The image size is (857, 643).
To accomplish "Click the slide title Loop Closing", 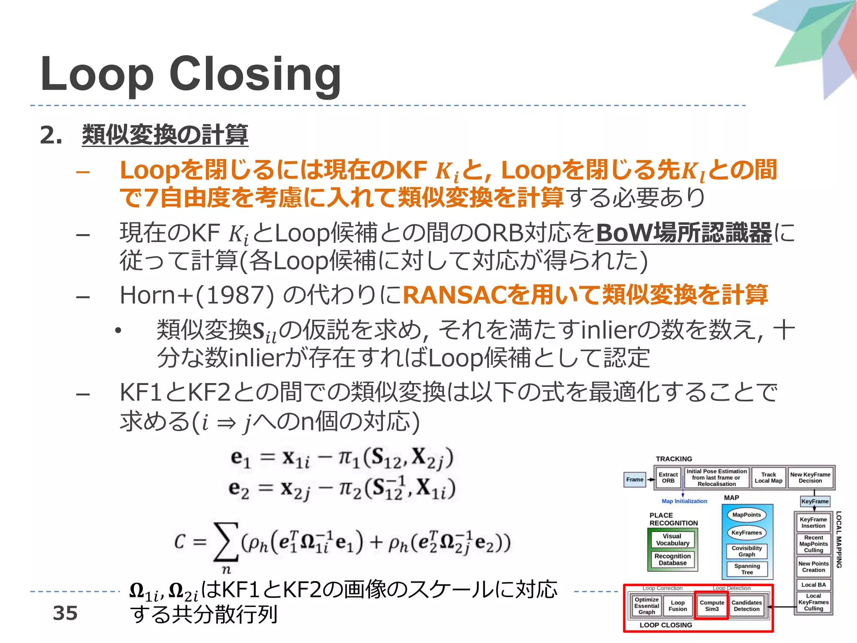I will click(x=191, y=75).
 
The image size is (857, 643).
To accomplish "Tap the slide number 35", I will click(x=65, y=613).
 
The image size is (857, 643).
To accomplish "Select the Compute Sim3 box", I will click(x=712, y=606).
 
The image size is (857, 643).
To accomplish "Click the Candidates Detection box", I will click(x=747, y=606).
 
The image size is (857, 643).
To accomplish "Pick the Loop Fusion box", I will click(x=677, y=606).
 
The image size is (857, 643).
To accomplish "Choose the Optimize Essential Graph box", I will click(x=647, y=606).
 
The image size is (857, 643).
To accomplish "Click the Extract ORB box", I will click(x=668, y=478).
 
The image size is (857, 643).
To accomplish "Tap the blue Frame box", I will click(x=634, y=479).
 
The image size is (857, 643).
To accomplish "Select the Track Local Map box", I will click(x=768, y=478).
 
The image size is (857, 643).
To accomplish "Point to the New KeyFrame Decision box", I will click(x=810, y=478).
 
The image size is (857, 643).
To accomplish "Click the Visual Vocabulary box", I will click(x=672, y=540).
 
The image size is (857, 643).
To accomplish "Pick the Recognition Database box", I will click(x=672, y=560).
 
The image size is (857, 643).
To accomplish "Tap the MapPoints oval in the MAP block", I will click(x=747, y=515).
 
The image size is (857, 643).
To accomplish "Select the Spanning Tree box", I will click(x=747, y=569).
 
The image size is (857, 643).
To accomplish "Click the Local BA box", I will click(x=813, y=585).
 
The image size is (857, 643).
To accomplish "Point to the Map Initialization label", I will click(x=684, y=501).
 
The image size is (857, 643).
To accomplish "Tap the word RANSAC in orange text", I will click(x=454, y=295).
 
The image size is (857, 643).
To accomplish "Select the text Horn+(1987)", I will click(x=197, y=295).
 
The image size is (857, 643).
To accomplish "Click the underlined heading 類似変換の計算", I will click(x=165, y=135).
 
